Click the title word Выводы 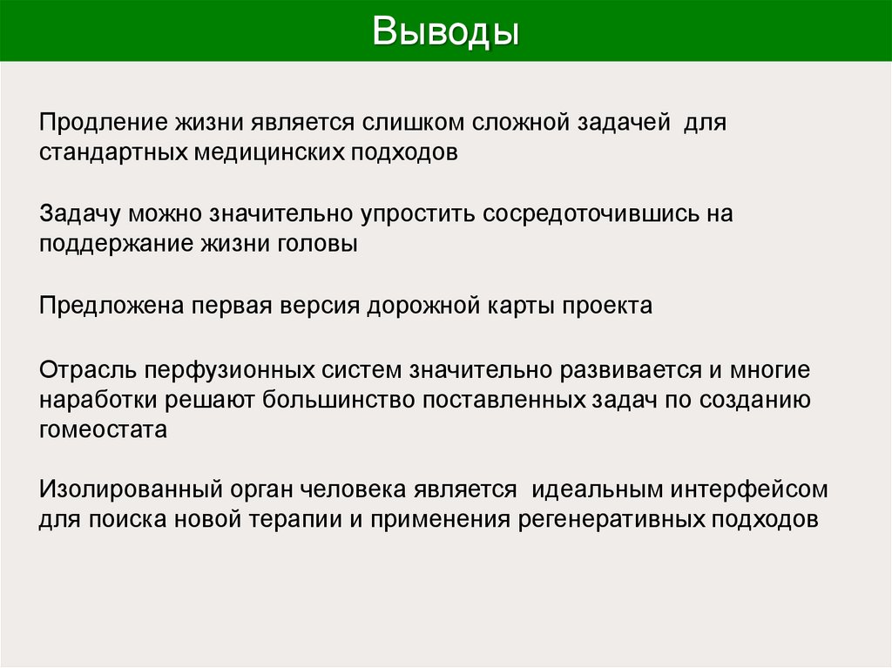pos(446,31)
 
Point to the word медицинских pos(268,152)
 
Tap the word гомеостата pos(102,430)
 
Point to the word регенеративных pos(610,520)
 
